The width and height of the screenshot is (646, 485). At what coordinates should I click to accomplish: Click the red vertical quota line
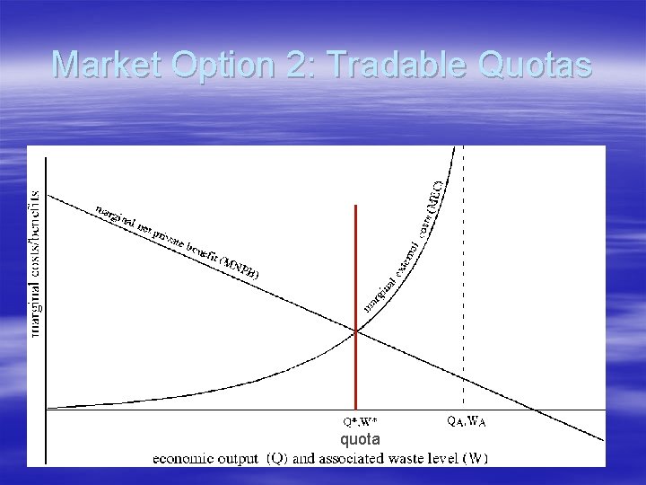tap(356, 269)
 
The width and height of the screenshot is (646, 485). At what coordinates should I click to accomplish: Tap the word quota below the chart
tap(360, 439)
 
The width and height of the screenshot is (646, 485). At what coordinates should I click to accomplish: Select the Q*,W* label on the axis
tap(361, 420)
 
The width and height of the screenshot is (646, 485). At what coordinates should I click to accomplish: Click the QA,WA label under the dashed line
tap(467, 419)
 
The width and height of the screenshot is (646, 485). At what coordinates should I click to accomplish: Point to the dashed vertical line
tap(463, 269)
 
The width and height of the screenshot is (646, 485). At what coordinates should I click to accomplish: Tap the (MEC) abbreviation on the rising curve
tap(434, 194)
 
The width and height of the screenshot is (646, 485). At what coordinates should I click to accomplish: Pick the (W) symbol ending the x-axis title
tap(475, 458)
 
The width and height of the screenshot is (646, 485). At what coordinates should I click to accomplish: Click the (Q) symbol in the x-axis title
tap(276, 458)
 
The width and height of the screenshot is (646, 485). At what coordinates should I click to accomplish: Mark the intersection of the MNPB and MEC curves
tap(356, 331)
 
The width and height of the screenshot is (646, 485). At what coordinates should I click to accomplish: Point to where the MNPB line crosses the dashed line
tap(463, 378)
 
